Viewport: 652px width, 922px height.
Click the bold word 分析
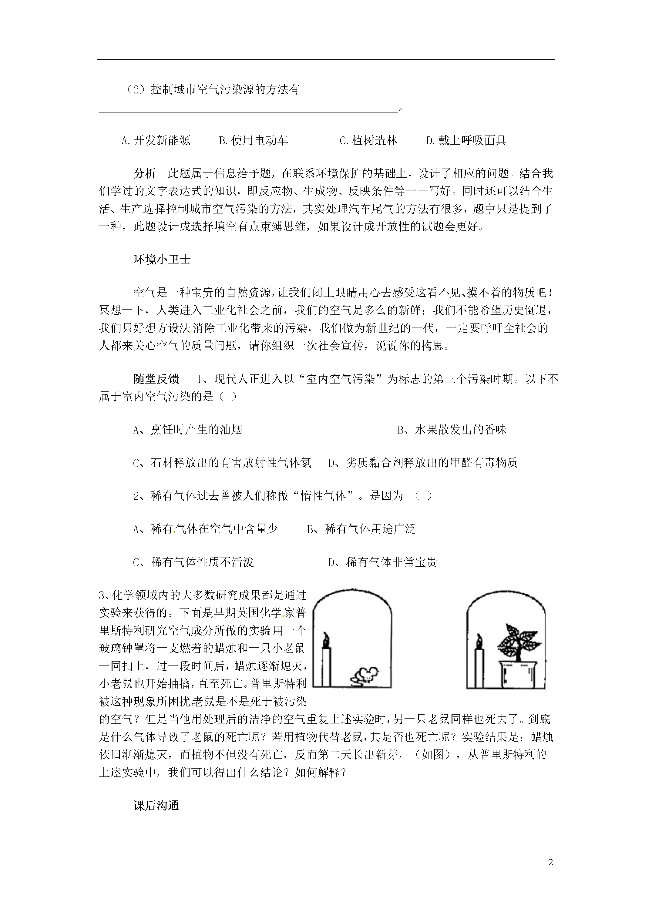tap(145, 173)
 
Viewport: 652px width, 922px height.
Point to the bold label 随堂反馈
tap(156, 379)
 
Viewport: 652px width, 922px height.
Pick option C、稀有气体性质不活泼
tap(193, 562)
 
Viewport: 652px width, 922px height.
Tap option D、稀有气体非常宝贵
tap(382, 562)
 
